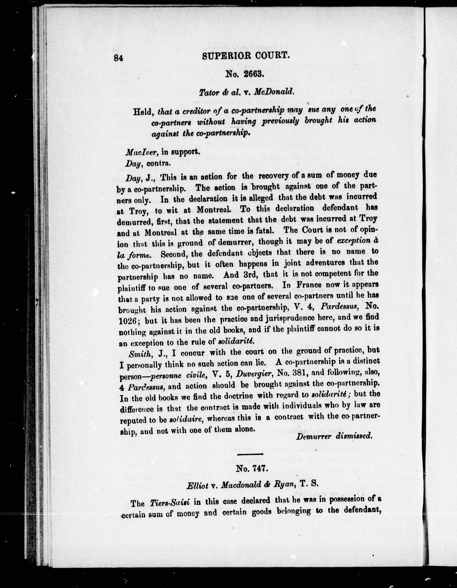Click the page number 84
coord(118,58)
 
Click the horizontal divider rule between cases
coord(250,454)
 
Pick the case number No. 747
coord(251,469)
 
